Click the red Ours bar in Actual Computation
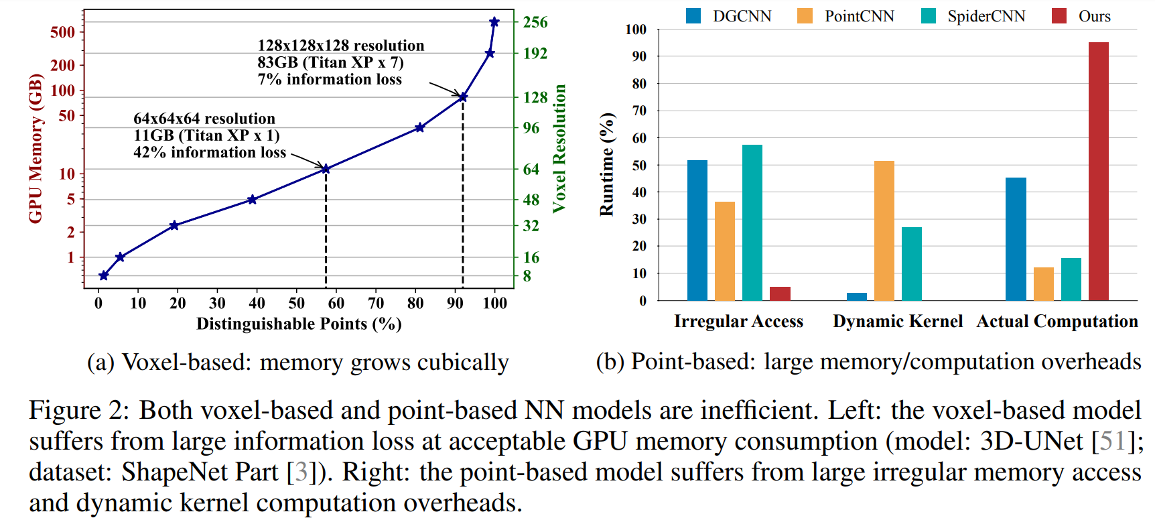coord(1098,171)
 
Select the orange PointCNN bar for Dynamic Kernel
coord(884,231)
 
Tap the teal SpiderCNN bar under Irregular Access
coord(752,222)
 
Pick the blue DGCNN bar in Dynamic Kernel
coord(856,296)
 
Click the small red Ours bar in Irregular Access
coord(780,294)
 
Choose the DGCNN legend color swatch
coord(693,16)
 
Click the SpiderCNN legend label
coord(986,16)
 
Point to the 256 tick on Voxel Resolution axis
coord(535,22)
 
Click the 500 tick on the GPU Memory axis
coord(62,32)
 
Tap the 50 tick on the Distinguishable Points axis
coord(297,304)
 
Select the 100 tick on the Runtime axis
coord(635,29)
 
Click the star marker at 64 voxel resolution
coord(326,169)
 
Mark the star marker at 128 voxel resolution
coord(463,97)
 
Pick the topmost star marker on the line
coord(494,22)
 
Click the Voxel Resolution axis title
coord(559,149)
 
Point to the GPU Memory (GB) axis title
coord(35,148)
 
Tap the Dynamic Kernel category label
coord(897,322)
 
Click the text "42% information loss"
coord(210,153)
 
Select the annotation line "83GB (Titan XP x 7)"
coord(330,62)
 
